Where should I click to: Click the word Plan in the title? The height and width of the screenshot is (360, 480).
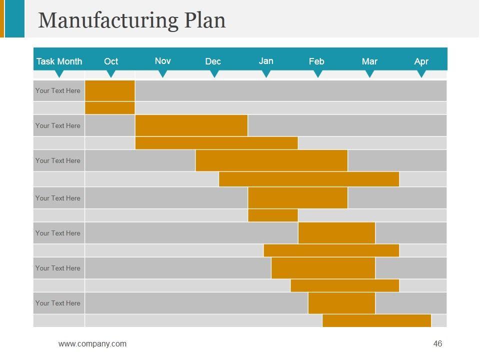(204, 20)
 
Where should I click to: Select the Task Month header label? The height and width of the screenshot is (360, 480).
(59, 61)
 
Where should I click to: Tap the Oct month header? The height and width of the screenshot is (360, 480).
(111, 61)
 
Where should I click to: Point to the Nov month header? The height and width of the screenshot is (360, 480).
(162, 61)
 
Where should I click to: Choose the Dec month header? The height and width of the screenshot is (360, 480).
(213, 61)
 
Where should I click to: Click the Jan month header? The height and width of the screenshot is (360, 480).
(266, 61)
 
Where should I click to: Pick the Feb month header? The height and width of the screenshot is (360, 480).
(316, 61)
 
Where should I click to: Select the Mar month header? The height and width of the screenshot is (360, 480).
(369, 61)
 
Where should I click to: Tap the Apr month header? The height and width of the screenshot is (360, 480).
(421, 61)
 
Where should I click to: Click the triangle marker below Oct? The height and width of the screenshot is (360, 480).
(111, 74)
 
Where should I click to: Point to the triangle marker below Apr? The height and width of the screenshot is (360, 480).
(421, 74)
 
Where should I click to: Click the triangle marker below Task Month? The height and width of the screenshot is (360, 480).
(59, 74)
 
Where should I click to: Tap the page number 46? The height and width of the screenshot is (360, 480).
(438, 343)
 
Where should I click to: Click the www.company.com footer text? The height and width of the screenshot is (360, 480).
(92, 343)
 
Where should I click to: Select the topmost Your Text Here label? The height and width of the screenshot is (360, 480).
(58, 90)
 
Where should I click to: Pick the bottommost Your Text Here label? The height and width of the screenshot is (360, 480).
(58, 303)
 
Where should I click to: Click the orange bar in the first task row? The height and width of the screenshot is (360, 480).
(110, 90)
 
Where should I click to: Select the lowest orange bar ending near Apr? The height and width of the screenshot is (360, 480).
(376, 320)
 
